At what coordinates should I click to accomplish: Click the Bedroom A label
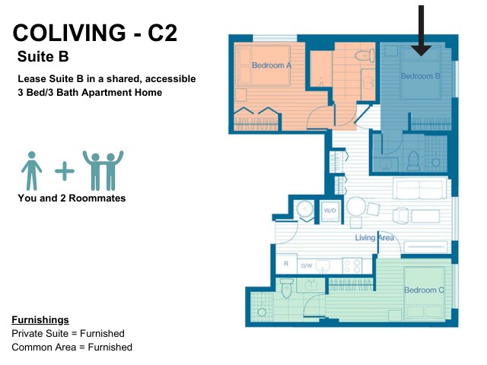272,65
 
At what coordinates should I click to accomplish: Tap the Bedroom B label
420,76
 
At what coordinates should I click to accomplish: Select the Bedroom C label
424,290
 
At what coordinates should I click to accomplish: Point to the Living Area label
374,238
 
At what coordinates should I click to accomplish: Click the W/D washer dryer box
329,211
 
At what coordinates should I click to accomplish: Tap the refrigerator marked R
286,264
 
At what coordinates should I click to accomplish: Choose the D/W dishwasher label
307,265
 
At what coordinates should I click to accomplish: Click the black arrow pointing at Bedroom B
421,30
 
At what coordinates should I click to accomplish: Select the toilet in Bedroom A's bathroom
364,56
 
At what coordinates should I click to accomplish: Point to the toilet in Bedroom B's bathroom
413,160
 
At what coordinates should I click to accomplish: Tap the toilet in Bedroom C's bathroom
286,288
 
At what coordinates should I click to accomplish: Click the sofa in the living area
420,189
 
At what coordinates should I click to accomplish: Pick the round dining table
356,206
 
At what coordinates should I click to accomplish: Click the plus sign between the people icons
65,170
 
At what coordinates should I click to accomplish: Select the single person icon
31,170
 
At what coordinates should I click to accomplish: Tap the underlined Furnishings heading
40,319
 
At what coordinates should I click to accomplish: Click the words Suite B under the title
43,56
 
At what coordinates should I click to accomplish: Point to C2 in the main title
162,33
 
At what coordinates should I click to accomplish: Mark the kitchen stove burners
352,266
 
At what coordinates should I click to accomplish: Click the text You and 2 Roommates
72,198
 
